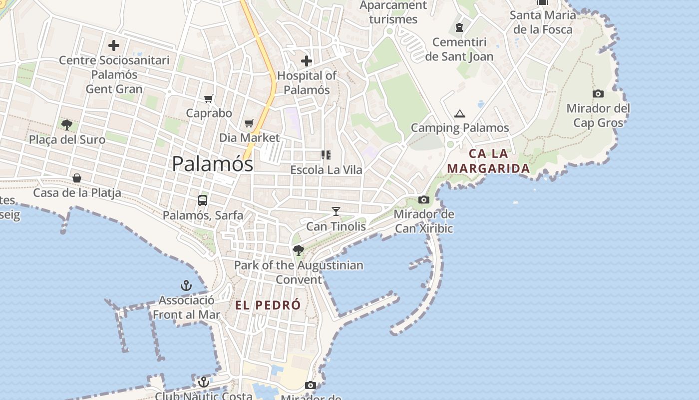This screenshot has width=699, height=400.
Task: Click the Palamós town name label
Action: tap(212, 164)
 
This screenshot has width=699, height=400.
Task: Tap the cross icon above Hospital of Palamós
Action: tap(307, 61)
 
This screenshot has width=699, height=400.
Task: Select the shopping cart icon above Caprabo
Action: tap(209, 99)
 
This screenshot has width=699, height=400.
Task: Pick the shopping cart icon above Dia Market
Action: tap(249, 123)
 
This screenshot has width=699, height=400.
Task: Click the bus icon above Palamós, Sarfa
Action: tap(203, 200)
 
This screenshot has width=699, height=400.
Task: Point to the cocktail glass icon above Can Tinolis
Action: tap(336, 212)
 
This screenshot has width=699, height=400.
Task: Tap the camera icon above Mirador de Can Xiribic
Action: tap(424, 200)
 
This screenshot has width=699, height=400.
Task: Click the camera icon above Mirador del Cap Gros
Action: tap(598, 93)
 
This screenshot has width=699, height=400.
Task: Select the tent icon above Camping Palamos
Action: tap(460, 114)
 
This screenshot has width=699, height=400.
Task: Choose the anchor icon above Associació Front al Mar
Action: tap(186, 285)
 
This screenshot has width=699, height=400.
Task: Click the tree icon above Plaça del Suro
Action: tap(67, 124)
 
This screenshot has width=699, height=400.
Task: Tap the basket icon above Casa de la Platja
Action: tap(77, 178)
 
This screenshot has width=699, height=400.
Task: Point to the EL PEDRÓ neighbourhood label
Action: tap(268, 305)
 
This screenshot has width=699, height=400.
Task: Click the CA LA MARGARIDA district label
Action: tap(488, 160)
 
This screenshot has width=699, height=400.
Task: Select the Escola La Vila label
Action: tap(327, 170)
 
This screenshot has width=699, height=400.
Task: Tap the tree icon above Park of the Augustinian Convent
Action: tap(299, 250)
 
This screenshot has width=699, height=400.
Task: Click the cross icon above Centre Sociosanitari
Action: tap(114, 46)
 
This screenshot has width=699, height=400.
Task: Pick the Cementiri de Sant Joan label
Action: tap(459, 49)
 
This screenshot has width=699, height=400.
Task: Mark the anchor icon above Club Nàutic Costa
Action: tap(203, 382)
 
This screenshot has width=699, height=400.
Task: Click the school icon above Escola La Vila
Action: tap(326, 155)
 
